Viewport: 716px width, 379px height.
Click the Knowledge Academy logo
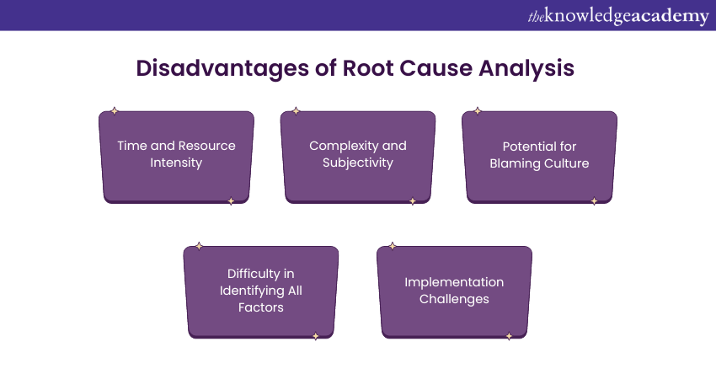pos(618,16)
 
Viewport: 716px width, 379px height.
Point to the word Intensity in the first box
pos(177,163)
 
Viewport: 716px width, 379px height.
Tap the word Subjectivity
pos(358,163)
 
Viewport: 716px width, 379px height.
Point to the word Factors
pos(261,307)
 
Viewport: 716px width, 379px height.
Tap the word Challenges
pos(454,299)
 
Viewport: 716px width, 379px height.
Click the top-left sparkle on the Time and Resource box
pos(115,111)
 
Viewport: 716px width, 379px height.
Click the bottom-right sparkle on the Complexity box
pos(412,201)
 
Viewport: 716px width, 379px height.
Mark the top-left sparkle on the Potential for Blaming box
pos(478,111)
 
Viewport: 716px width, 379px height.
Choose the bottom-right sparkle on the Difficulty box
pos(315,336)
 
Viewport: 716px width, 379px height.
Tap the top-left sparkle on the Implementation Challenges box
pos(393,246)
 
